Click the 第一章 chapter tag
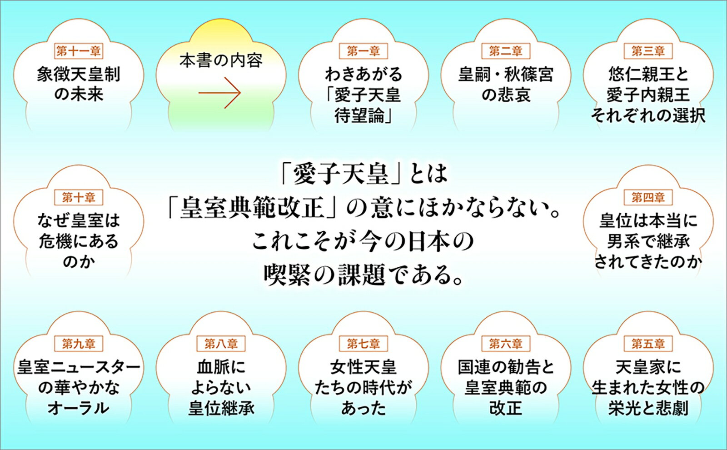coord(363,51)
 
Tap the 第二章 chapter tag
coord(506,51)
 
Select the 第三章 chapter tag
coord(648,51)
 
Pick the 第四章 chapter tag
coord(648,197)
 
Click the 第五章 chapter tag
coord(648,344)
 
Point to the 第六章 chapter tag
coord(506,344)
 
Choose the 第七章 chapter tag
coord(363,344)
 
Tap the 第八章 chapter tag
coord(221,344)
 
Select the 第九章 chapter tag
coord(79,344)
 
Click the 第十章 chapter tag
coord(79,197)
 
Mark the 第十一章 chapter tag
coord(79,51)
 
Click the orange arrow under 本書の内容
coord(220,93)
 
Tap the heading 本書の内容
coord(221,61)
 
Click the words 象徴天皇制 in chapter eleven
coord(79,75)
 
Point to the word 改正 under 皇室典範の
coord(506,408)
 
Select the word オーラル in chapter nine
coord(79,408)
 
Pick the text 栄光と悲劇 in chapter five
coord(648,408)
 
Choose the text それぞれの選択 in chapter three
coord(648,115)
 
